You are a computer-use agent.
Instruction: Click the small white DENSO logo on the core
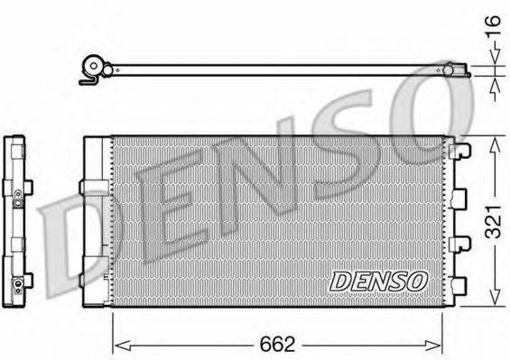pyautogui.click(x=378, y=281)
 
